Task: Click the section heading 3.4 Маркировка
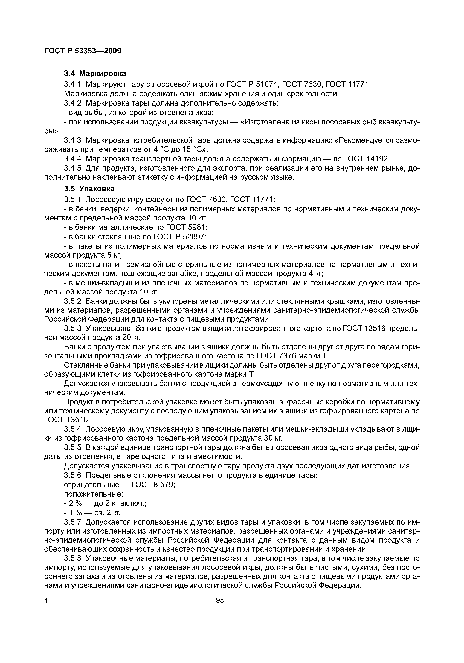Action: [x=95, y=74]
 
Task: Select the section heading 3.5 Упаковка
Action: [x=89, y=189]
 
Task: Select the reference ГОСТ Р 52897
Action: [x=179, y=237]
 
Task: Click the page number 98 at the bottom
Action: [x=220, y=600]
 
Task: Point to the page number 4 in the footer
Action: [x=46, y=600]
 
